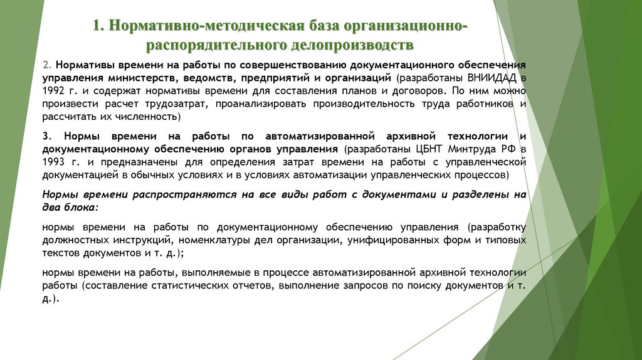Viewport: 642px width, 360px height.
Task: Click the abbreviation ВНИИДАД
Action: [x=489, y=78]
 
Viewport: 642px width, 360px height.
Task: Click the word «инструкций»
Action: [x=145, y=240]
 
